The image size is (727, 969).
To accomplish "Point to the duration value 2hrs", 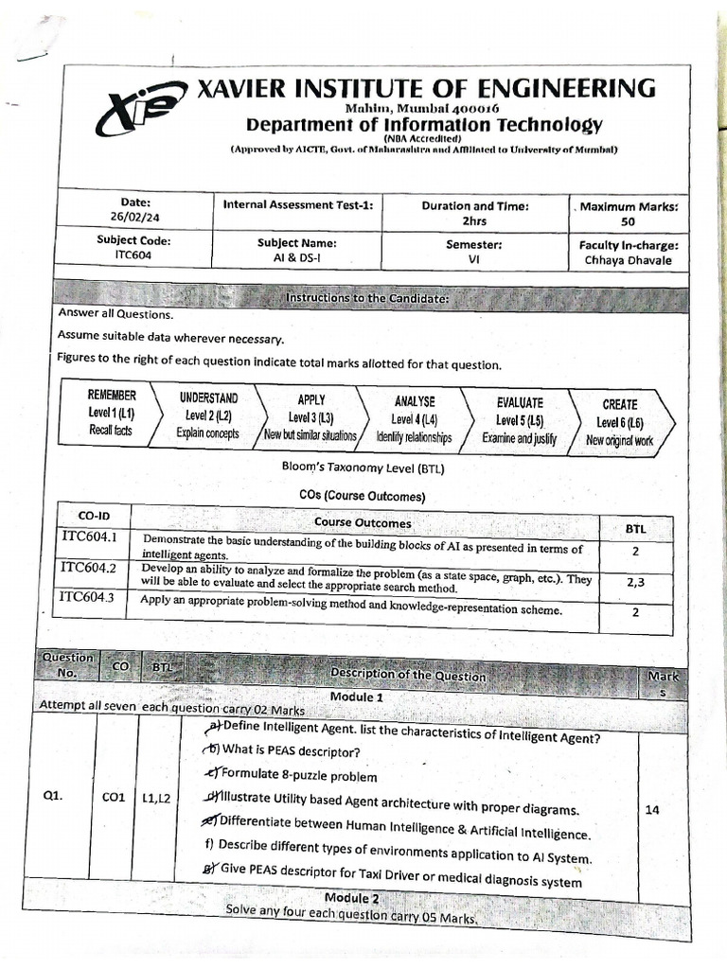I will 474,220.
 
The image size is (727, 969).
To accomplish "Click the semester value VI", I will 473,258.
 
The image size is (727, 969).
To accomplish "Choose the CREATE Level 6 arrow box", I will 620,421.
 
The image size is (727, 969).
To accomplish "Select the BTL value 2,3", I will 634,583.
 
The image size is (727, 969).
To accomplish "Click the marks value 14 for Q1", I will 652,809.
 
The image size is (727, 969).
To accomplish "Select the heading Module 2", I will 352,897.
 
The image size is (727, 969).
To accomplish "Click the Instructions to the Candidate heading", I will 366,299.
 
